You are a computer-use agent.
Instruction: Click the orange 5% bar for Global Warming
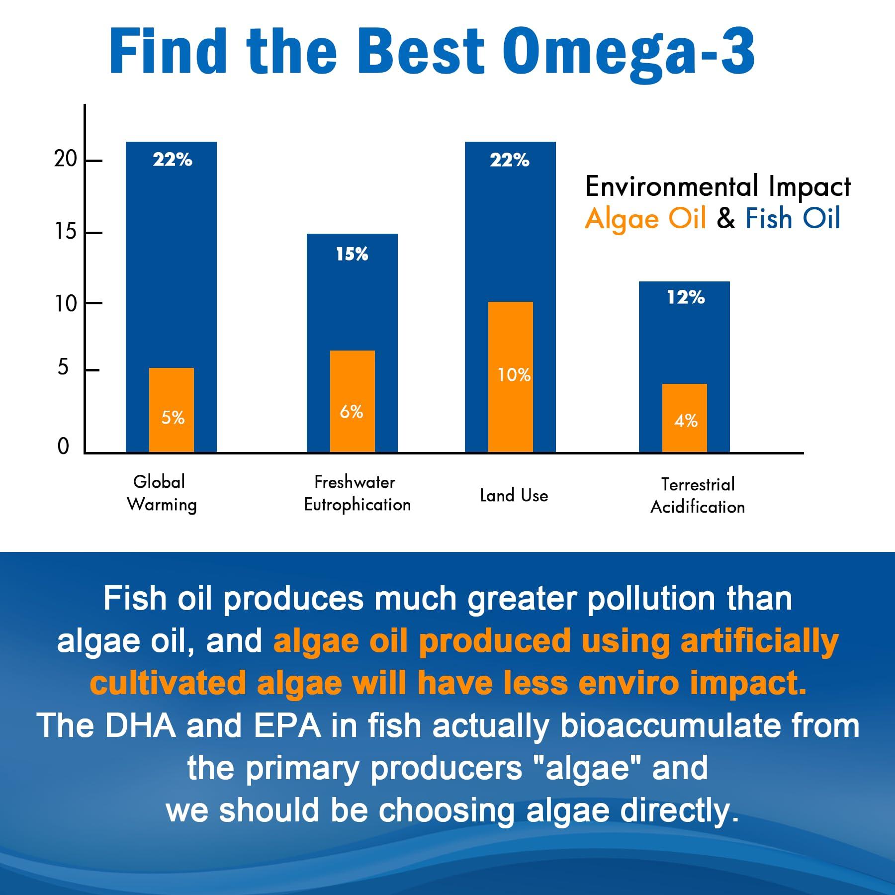pyautogui.click(x=172, y=410)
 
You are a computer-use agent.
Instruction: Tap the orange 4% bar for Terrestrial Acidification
pyautogui.click(x=685, y=418)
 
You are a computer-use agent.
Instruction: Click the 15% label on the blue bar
pyautogui.click(x=352, y=255)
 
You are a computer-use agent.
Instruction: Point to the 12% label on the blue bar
pyautogui.click(x=686, y=298)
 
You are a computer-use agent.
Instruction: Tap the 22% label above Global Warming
pyautogui.click(x=172, y=160)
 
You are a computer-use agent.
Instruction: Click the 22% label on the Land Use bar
pyautogui.click(x=510, y=161)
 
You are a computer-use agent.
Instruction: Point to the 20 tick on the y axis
pyautogui.click(x=66, y=159)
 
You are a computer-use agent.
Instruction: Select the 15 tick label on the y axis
pyautogui.click(x=66, y=232)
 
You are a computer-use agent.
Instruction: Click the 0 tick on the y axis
pyautogui.click(x=63, y=447)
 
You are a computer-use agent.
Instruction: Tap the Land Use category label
pyautogui.click(x=514, y=496)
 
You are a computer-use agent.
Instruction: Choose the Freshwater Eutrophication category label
pyautogui.click(x=357, y=493)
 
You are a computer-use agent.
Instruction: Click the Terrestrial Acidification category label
pyautogui.click(x=698, y=496)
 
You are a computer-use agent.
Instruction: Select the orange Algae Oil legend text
pyautogui.click(x=645, y=219)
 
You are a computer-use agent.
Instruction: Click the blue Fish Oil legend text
pyautogui.click(x=793, y=219)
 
